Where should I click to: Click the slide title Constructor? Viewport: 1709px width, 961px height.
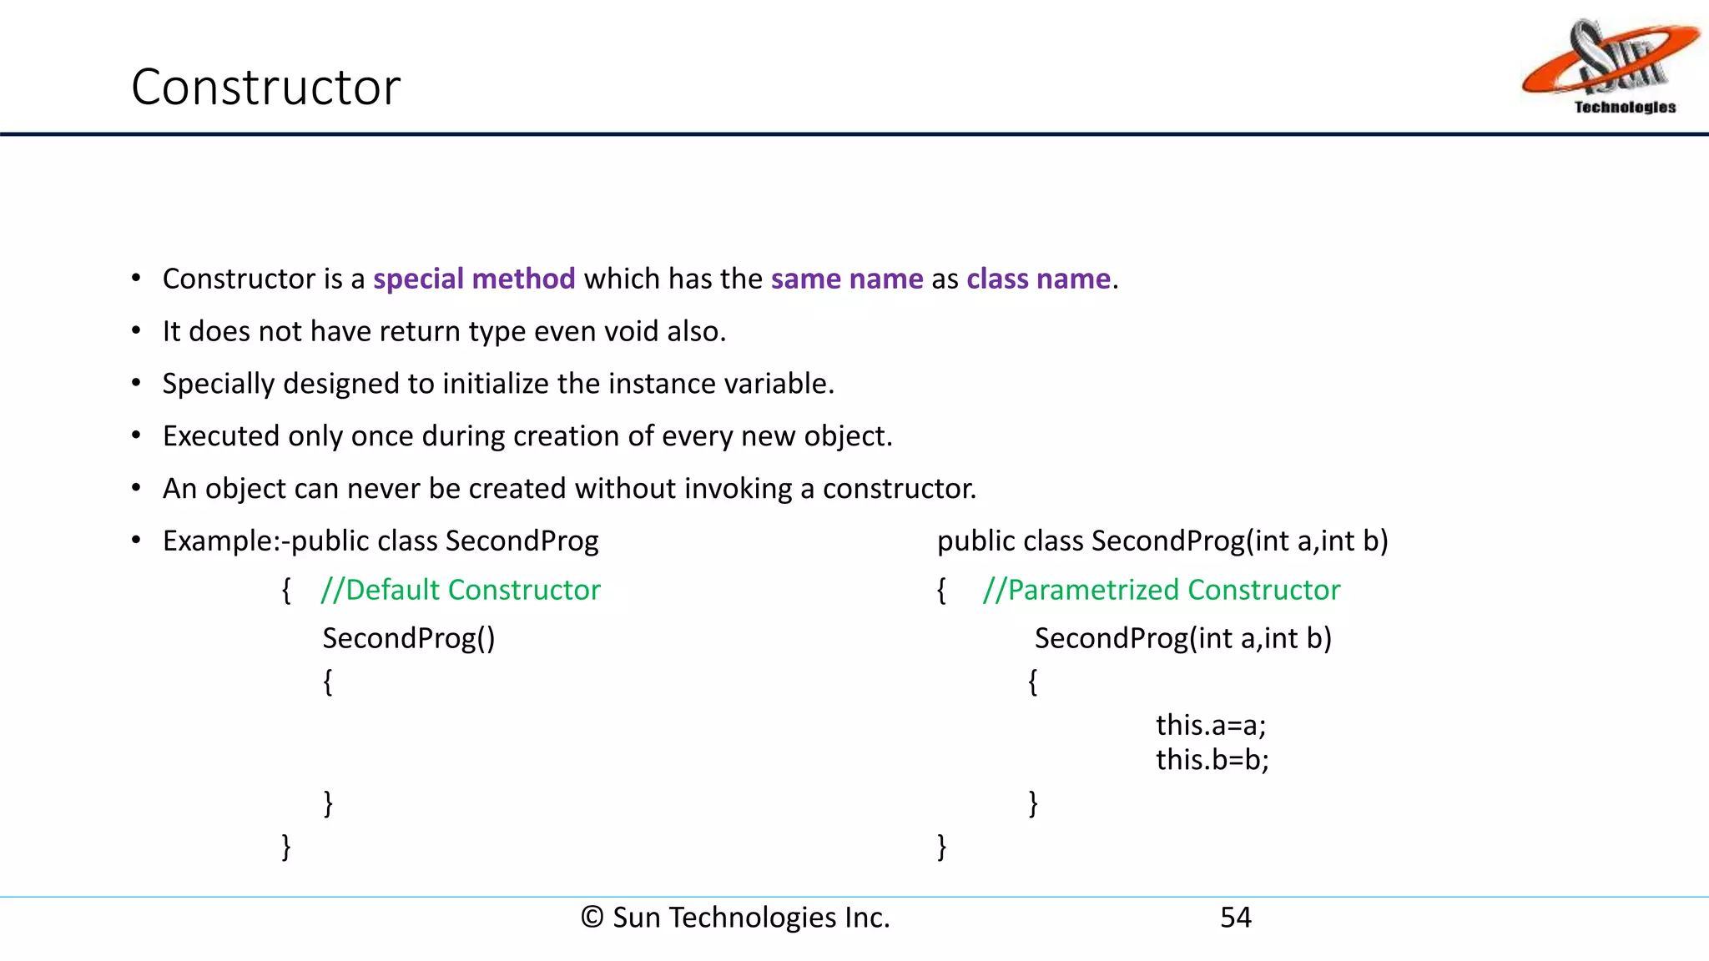[265, 87]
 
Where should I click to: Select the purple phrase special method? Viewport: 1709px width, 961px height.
[474, 279]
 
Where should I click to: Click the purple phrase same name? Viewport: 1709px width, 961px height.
[847, 279]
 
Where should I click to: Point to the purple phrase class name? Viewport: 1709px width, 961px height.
[1038, 279]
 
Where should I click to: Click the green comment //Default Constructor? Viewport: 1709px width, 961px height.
[461, 590]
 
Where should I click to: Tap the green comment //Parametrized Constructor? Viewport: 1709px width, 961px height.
[1161, 590]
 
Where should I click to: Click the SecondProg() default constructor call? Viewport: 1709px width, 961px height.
[409, 638]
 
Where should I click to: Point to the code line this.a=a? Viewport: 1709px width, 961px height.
[1211, 725]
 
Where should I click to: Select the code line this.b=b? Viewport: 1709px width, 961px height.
[1212, 760]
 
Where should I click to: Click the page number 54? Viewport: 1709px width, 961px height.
[1235, 918]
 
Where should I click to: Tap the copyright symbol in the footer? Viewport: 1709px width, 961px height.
[592, 918]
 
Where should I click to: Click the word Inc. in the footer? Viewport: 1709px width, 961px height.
[867, 918]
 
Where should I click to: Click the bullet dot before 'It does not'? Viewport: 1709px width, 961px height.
[136, 331]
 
